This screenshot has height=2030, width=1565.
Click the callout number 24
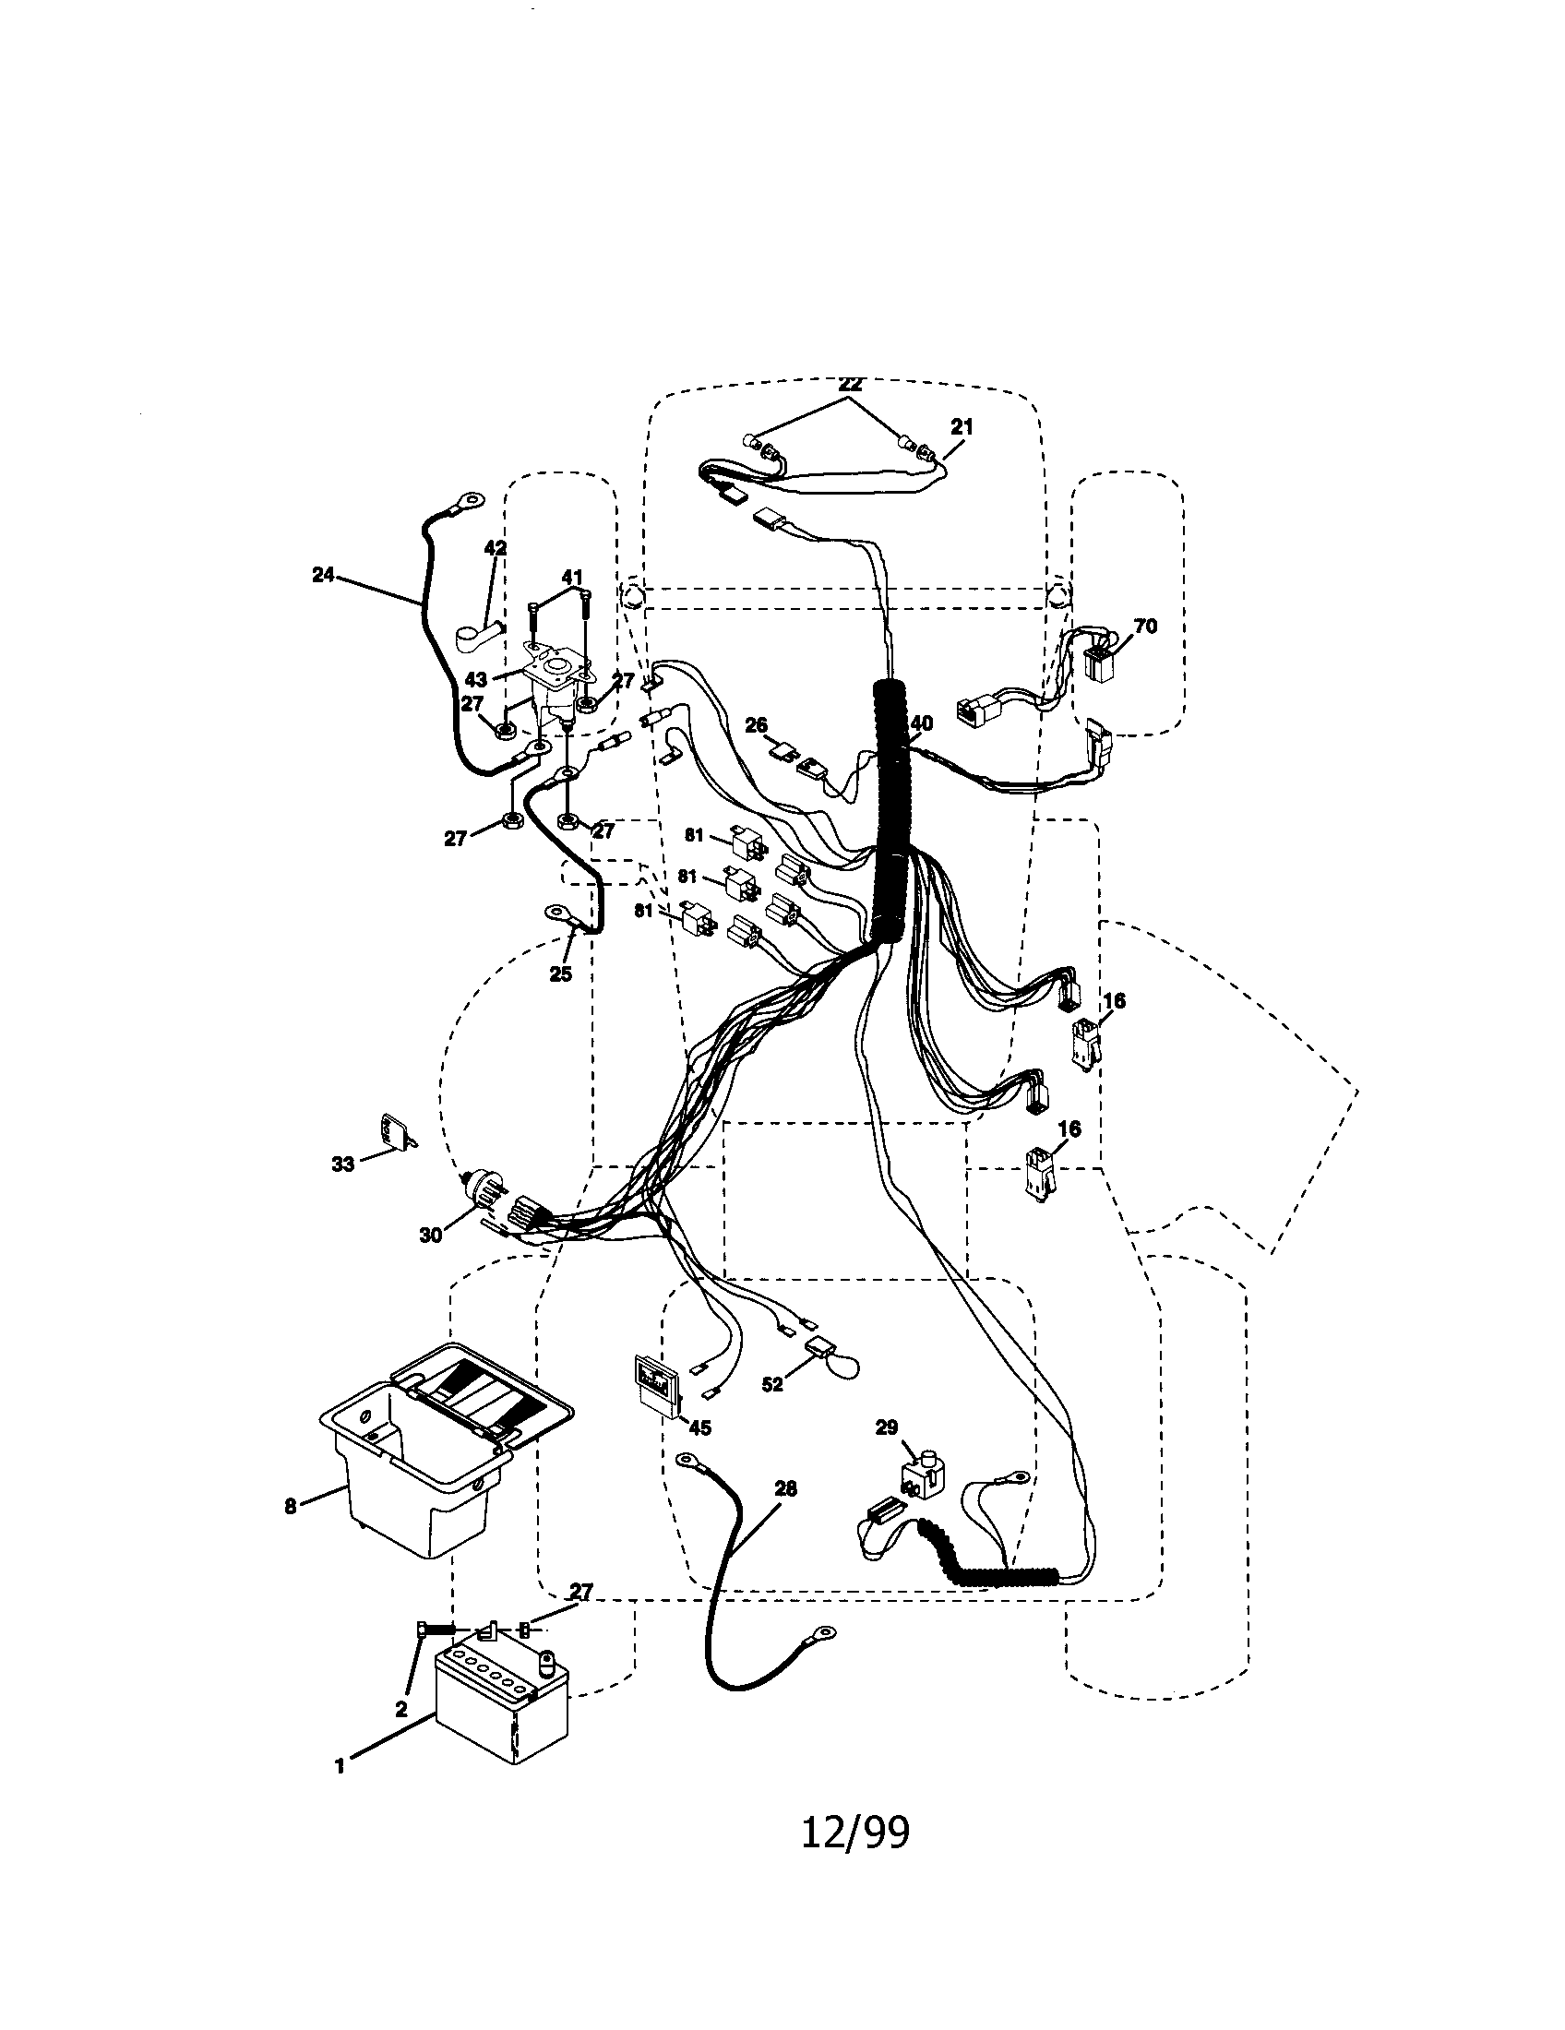pyautogui.click(x=322, y=576)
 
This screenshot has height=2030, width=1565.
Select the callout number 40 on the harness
pyautogui.click(x=921, y=723)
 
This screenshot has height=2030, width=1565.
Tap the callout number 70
pyautogui.click(x=1146, y=627)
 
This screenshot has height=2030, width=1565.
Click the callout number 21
pyautogui.click(x=962, y=426)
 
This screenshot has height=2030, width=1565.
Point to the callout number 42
pyautogui.click(x=496, y=548)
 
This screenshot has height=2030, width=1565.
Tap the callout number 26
pyautogui.click(x=756, y=724)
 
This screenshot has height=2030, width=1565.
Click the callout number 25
pyautogui.click(x=559, y=974)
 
